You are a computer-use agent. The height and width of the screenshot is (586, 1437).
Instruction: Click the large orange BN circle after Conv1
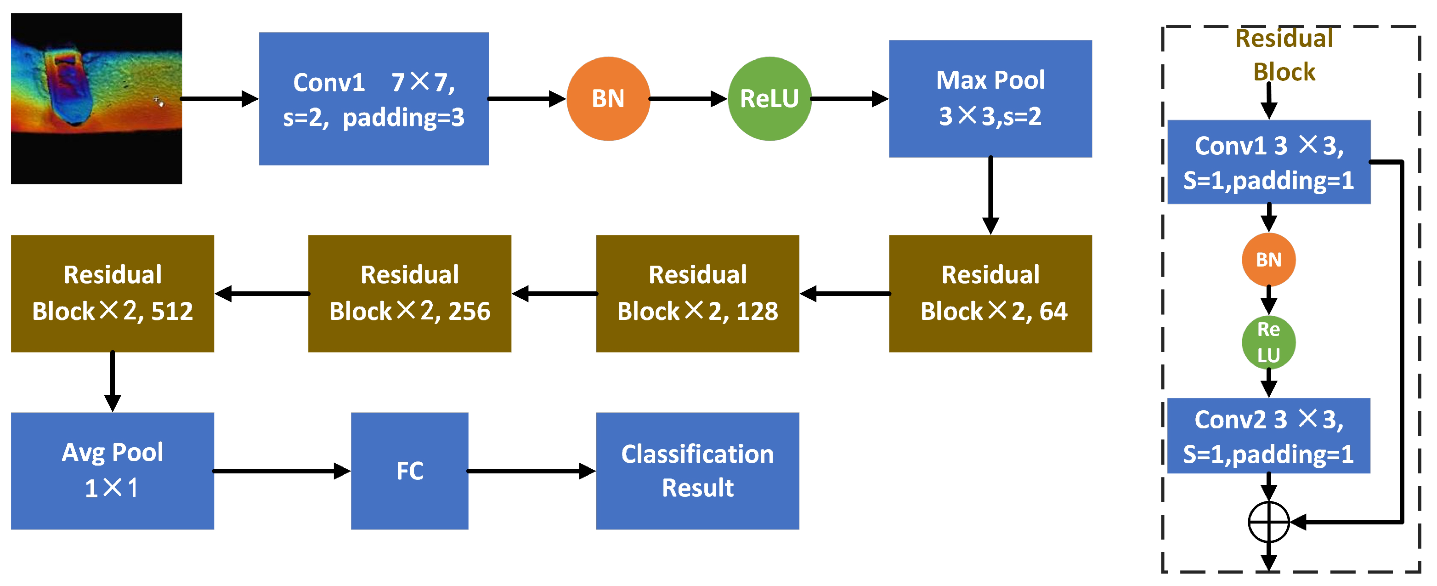pos(608,99)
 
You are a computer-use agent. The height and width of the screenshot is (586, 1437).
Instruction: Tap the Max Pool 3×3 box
pos(990,99)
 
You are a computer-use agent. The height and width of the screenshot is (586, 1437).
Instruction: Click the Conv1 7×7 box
pos(374,99)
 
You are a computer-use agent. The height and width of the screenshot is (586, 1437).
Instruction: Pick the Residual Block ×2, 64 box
pos(990,294)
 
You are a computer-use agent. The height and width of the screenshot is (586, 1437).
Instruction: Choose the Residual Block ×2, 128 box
pos(697,294)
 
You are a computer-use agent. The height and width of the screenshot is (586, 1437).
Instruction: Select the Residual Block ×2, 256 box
pos(409,294)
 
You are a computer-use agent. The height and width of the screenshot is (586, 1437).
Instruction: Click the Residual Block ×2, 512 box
pos(113,294)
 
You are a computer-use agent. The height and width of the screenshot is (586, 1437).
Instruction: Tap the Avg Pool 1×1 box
pos(113,471)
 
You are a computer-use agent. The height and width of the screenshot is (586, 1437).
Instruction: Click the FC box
pos(409,471)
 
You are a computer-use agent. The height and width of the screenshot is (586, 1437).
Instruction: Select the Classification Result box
pos(697,471)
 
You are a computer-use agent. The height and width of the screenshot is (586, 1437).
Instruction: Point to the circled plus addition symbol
pos(1268,522)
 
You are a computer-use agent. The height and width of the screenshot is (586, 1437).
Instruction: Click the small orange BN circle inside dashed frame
pos(1268,260)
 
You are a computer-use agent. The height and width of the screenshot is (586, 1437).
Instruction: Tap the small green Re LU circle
pos(1268,342)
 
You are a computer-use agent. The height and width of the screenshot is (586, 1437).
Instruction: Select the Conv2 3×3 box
pos(1268,436)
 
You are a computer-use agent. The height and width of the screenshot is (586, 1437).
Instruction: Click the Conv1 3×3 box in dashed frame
pos(1268,162)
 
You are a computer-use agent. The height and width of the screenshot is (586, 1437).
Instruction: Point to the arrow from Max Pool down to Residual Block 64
pos(990,195)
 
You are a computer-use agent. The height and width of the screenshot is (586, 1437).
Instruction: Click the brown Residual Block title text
pos(1284,55)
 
